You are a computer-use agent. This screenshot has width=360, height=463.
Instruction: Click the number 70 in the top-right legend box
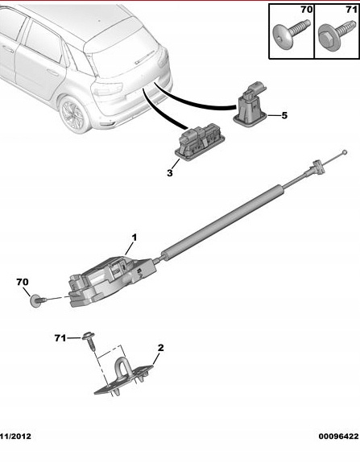[x=307, y=10]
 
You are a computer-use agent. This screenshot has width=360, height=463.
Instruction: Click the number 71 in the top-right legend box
[x=351, y=10]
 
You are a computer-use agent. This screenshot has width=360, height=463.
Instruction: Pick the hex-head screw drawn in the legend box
[x=337, y=32]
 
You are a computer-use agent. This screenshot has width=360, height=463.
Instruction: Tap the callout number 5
[x=284, y=115]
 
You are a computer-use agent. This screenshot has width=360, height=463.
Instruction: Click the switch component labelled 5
[x=250, y=105]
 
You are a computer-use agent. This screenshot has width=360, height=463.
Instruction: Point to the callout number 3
[x=169, y=173]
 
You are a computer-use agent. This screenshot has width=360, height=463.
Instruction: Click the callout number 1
[x=134, y=238]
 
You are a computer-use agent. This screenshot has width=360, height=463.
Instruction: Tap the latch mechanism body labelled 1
[x=112, y=280]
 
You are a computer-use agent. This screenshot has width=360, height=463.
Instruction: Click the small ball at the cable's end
[x=344, y=153]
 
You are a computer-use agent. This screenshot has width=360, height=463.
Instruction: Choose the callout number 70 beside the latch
[x=23, y=282]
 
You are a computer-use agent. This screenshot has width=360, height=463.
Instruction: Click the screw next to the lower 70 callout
[x=39, y=301]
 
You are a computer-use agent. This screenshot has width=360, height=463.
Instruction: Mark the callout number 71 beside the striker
[x=60, y=338]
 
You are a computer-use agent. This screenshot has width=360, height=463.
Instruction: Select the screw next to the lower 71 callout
[x=90, y=341]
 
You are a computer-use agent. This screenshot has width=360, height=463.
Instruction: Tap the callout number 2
[x=160, y=348]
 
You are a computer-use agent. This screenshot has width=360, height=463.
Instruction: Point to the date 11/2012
[x=16, y=436]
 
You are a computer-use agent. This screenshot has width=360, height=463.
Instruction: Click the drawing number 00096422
[x=339, y=436]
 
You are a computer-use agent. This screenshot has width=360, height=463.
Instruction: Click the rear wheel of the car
[x=74, y=114]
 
